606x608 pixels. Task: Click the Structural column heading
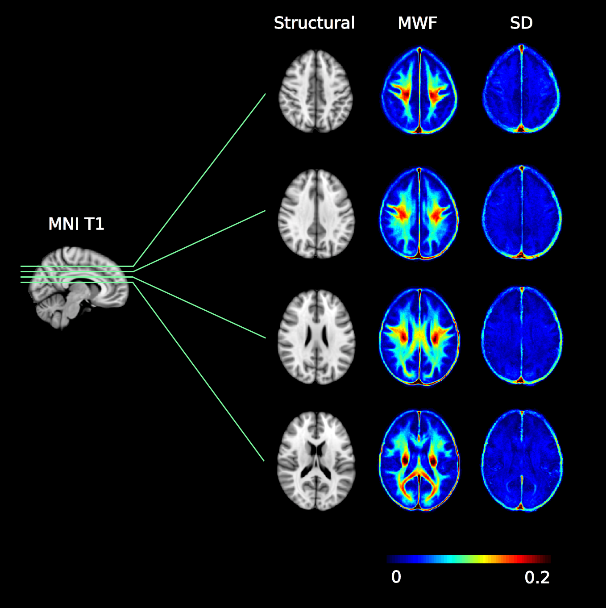(x=314, y=23)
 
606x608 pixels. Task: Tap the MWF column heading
(x=417, y=23)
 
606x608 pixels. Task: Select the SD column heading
(x=521, y=23)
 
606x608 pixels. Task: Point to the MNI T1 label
(x=76, y=224)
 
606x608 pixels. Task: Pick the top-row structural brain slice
(x=316, y=91)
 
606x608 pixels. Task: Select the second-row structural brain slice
(x=316, y=213)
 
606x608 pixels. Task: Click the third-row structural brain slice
(x=316, y=337)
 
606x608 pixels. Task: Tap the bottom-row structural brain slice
(x=316, y=461)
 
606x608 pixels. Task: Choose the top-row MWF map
(x=419, y=91)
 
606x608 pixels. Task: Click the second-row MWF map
(x=419, y=213)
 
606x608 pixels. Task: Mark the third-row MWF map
(x=419, y=337)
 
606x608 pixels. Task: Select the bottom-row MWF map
(x=419, y=461)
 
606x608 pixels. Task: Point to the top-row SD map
(x=521, y=89)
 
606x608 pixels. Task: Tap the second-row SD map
(x=522, y=212)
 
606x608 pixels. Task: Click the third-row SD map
(x=522, y=336)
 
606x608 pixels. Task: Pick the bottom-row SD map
(x=522, y=461)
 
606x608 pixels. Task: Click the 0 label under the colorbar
(x=396, y=577)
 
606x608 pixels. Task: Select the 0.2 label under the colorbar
(x=537, y=578)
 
